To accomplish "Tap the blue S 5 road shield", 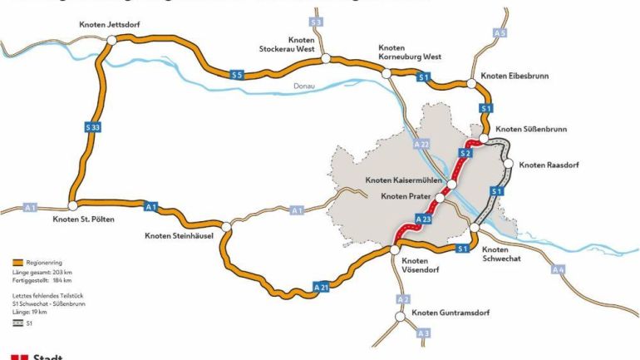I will tap(238, 76).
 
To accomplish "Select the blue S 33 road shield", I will tap(93, 127).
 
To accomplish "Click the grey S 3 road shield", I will tap(316, 22).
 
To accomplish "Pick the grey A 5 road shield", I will tap(499, 32).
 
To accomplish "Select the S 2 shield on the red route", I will tap(465, 154).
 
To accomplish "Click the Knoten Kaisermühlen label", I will tap(404, 180).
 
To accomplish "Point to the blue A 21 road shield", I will tap(322, 286).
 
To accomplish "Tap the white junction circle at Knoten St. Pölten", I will tap(72, 205).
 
